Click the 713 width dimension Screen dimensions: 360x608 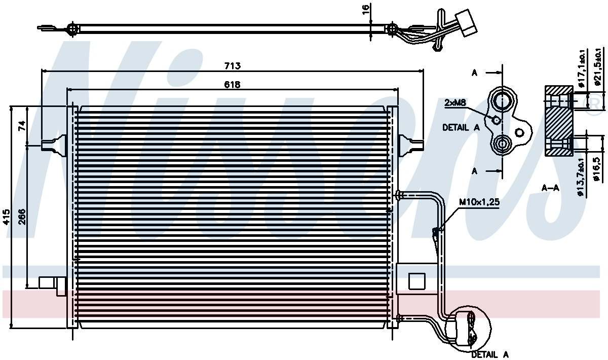pos(232,66)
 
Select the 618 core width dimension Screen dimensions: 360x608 pos(232,85)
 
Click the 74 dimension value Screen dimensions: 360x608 pos(22,126)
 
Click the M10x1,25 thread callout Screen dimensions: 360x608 pos(479,202)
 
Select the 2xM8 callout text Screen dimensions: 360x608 pos(455,103)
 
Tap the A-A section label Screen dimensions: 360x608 pos(550,188)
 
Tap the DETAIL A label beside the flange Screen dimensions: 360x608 pos(461,128)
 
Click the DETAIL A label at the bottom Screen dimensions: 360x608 pos(489,354)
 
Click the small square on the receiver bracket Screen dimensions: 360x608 pos(416,280)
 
